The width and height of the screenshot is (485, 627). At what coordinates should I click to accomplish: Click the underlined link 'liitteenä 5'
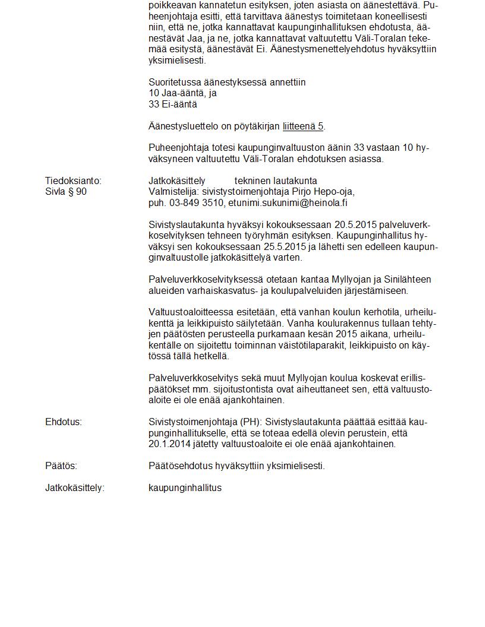tap(303, 126)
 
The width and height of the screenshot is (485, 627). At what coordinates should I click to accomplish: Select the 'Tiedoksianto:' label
tap(73, 180)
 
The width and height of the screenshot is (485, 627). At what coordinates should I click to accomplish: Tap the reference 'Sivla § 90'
tap(66, 192)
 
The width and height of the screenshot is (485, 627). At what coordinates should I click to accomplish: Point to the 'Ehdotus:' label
tap(63, 422)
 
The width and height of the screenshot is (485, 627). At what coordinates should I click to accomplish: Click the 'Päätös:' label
tap(61, 466)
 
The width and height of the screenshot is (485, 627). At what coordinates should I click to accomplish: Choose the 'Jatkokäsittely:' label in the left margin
tap(74, 488)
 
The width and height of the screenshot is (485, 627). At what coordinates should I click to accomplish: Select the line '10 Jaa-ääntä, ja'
tap(182, 93)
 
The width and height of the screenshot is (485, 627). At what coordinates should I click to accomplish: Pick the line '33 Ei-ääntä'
tap(172, 104)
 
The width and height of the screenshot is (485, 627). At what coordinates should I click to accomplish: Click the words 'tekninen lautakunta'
tap(276, 180)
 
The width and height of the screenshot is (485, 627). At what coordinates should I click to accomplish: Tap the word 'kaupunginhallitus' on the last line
tap(185, 488)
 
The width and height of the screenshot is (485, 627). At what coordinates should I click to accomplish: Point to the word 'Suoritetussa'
tap(175, 82)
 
